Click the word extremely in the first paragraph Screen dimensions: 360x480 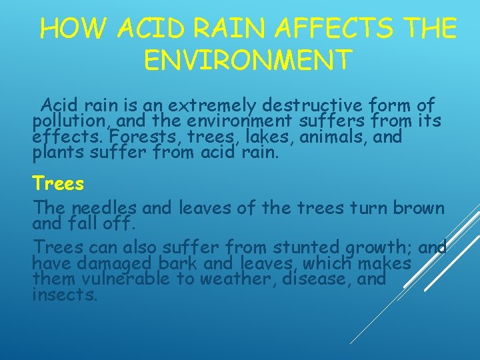tap(213, 106)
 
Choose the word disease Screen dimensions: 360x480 tap(317, 279)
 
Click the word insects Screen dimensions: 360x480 tap(65, 295)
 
